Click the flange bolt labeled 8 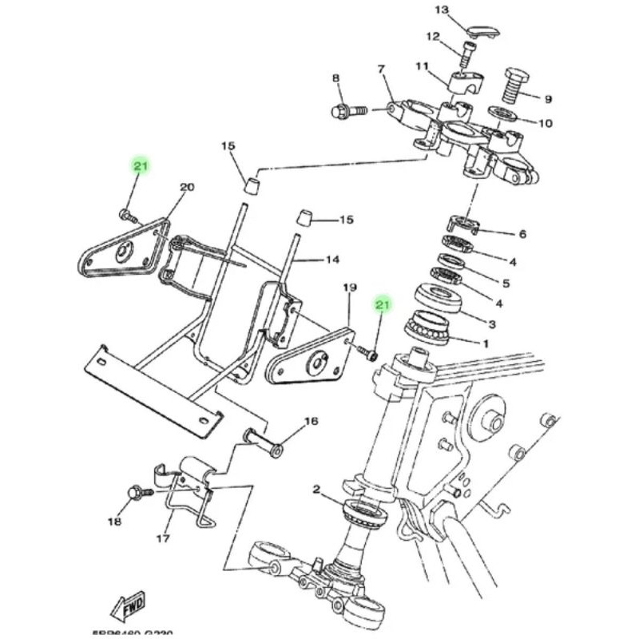[x=345, y=109]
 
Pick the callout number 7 [x=381, y=69]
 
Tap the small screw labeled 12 [x=466, y=57]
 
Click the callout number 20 [x=187, y=188]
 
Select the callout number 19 [x=349, y=288]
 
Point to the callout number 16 [x=311, y=421]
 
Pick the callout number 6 [x=522, y=234]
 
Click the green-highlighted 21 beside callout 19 [x=382, y=305]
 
